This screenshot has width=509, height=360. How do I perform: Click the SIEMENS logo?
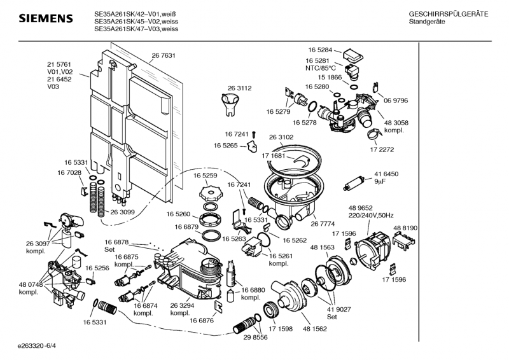pyautogui.click(x=45, y=20)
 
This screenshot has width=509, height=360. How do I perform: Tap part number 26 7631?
pyautogui.click(x=164, y=56)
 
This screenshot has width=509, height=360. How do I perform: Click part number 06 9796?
pyautogui.click(x=396, y=100)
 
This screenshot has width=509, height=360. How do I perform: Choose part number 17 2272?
pyautogui.click(x=382, y=149)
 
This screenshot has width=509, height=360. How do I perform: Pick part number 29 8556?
pyautogui.click(x=255, y=338)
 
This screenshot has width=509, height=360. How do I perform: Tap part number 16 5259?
pyautogui.click(x=206, y=175)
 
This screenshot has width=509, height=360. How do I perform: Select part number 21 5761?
pyautogui.click(x=59, y=64)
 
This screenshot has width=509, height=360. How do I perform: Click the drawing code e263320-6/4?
pyautogui.click(x=41, y=346)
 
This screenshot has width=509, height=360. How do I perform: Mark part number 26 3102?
pyautogui.click(x=281, y=137)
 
